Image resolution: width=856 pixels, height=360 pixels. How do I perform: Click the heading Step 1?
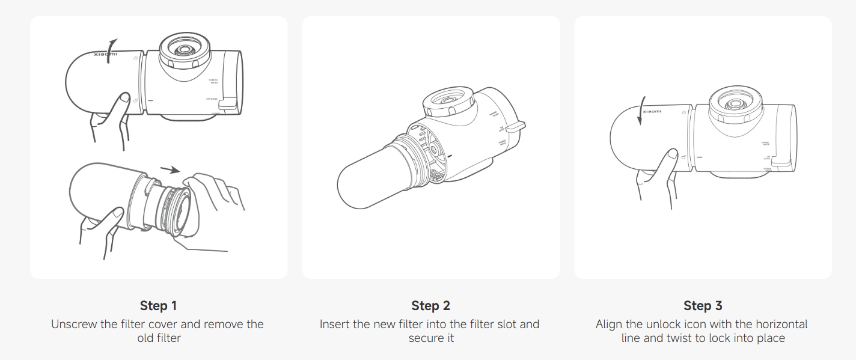[x=158, y=306]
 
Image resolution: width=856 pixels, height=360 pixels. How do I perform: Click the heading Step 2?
[x=430, y=306]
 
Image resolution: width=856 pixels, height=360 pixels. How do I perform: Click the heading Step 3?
[x=702, y=306]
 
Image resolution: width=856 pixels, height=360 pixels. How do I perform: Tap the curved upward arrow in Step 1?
[x=110, y=45]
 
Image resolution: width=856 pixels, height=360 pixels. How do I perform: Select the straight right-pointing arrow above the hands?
[x=171, y=169]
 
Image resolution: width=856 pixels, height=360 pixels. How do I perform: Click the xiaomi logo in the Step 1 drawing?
[x=106, y=54]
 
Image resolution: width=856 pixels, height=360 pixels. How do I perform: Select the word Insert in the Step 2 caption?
[x=334, y=324]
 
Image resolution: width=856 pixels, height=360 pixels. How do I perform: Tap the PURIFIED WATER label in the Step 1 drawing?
[x=212, y=81]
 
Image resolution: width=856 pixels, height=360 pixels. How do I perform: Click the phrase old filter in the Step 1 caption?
[x=159, y=338]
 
